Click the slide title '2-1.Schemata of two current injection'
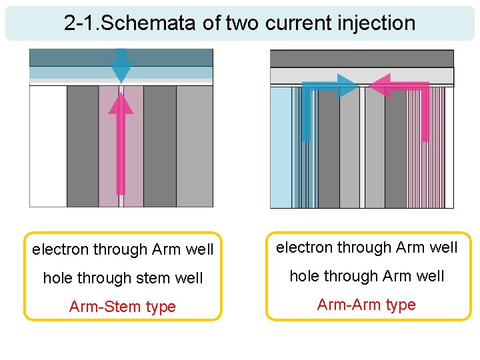[239, 23]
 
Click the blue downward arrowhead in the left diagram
[121, 71]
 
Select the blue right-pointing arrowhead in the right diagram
[347, 86]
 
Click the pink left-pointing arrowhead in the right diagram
[379, 86]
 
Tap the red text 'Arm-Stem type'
[123, 307]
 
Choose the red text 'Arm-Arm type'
[366, 305]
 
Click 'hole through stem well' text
[123, 278]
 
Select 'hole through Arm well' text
[366, 276]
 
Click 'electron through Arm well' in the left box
[123, 249]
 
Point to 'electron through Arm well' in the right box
[366, 247]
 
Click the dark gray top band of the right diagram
[361, 59]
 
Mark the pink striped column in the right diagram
[426, 160]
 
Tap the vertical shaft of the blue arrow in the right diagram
[306, 117]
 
